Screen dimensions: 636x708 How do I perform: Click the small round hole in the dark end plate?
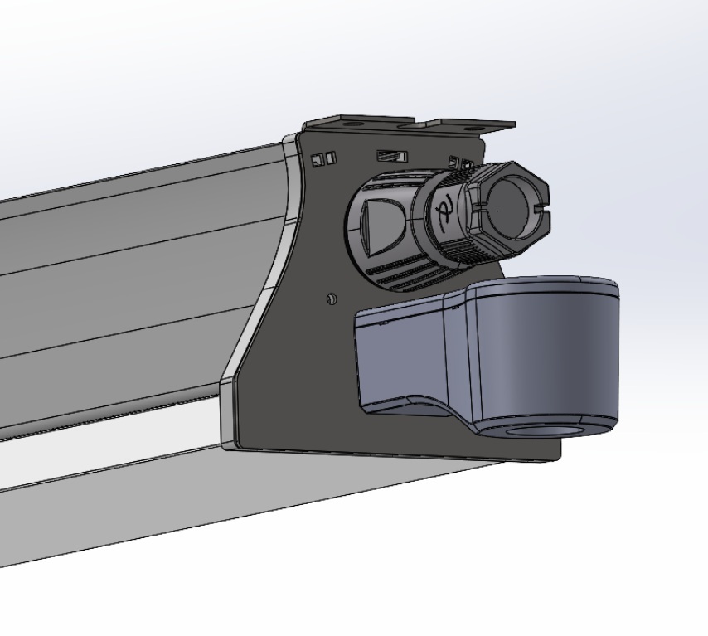tap(332, 298)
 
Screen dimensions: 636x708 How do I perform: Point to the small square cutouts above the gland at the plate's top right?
tap(458, 163)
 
